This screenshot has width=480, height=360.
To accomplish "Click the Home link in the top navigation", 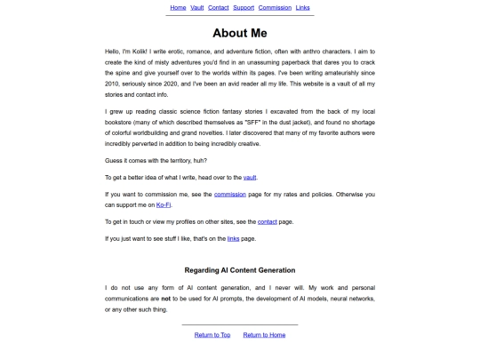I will [x=178, y=7].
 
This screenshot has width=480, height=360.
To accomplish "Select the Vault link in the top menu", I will [x=196, y=7].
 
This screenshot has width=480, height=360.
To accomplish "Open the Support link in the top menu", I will [x=244, y=7].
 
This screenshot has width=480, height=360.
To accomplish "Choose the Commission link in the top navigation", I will [x=275, y=7].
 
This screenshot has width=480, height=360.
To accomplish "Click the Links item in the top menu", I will [x=303, y=7].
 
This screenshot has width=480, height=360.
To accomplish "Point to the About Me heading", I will [x=240, y=33].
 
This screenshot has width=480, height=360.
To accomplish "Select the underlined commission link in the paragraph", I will [x=230, y=193].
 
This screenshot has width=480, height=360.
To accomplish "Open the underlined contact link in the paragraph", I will [x=268, y=221].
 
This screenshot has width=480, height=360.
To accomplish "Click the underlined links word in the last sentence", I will [x=234, y=238].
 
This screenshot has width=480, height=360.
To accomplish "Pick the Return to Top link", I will [x=212, y=335].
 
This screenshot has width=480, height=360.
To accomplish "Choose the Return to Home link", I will [x=264, y=335].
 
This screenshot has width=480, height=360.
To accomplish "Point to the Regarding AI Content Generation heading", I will [x=240, y=269].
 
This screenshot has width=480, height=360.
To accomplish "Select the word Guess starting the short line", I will [x=115, y=160].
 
